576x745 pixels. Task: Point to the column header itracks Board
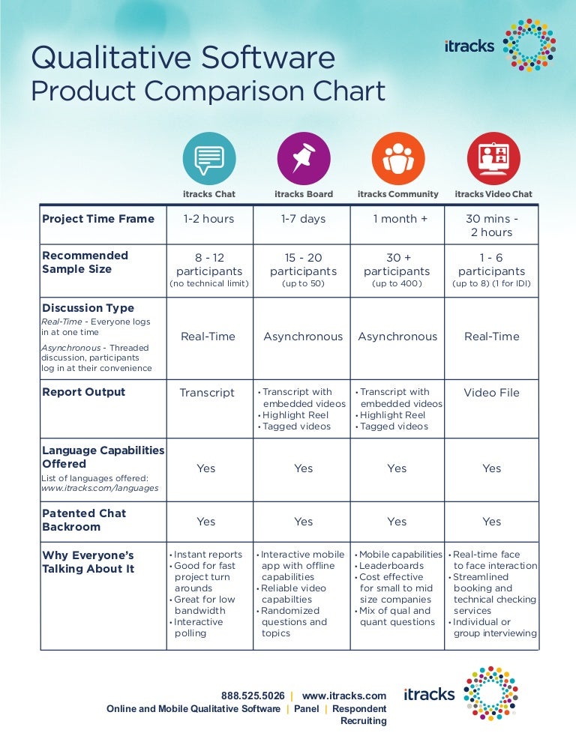(x=304, y=194)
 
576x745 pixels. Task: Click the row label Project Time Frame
(x=98, y=219)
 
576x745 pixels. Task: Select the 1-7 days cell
(x=304, y=219)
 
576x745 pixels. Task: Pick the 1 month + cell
(x=397, y=219)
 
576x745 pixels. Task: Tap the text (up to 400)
(x=397, y=285)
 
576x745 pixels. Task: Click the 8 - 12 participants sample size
(x=209, y=265)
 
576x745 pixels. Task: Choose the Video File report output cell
(x=491, y=393)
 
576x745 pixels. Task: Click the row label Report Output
(x=84, y=392)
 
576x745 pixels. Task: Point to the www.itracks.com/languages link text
(x=100, y=488)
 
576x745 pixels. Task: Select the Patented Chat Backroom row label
(x=84, y=520)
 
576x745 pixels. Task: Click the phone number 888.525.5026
(x=253, y=696)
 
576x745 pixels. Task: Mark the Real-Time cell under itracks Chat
(x=208, y=337)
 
